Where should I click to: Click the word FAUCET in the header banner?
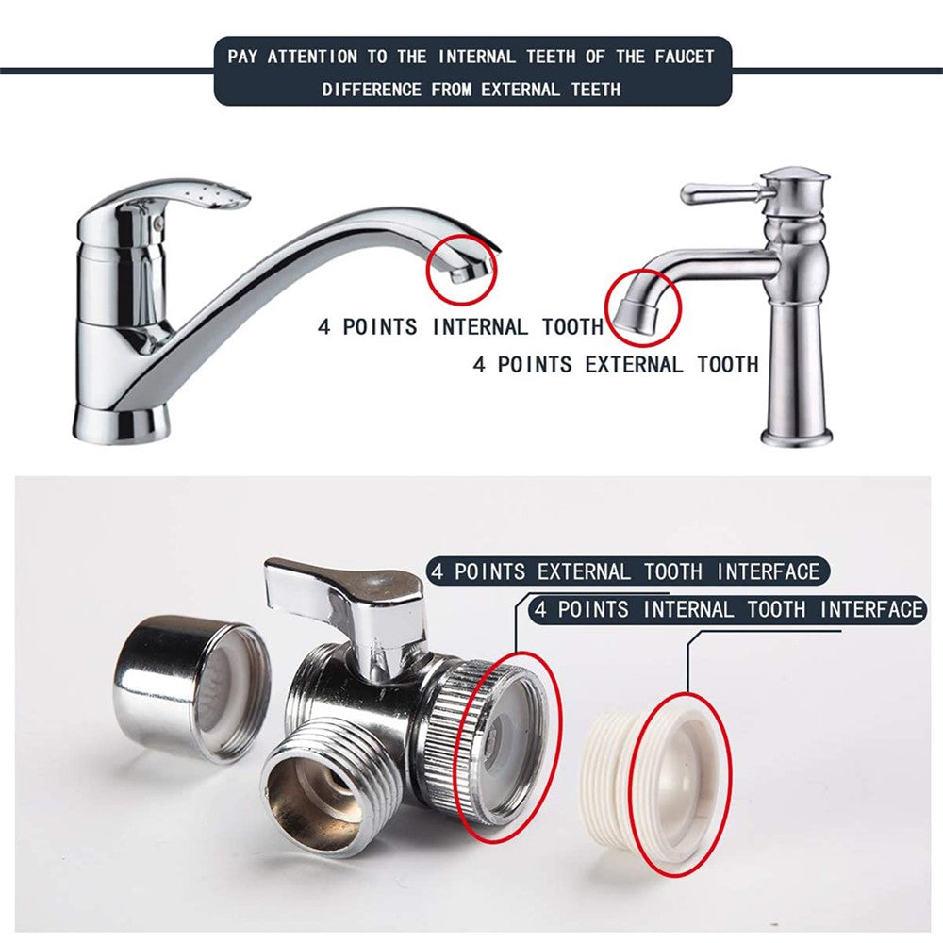click(x=685, y=58)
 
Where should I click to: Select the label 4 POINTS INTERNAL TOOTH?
click(x=460, y=327)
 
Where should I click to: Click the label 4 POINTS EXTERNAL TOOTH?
click(x=616, y=364)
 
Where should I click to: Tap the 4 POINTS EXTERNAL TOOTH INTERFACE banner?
click(x=627, y=571)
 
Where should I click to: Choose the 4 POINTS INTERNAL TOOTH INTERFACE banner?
click(x=728, y=610)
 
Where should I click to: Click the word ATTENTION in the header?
click(x=312, y=58)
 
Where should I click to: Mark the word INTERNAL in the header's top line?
click(x=477, y=58)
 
